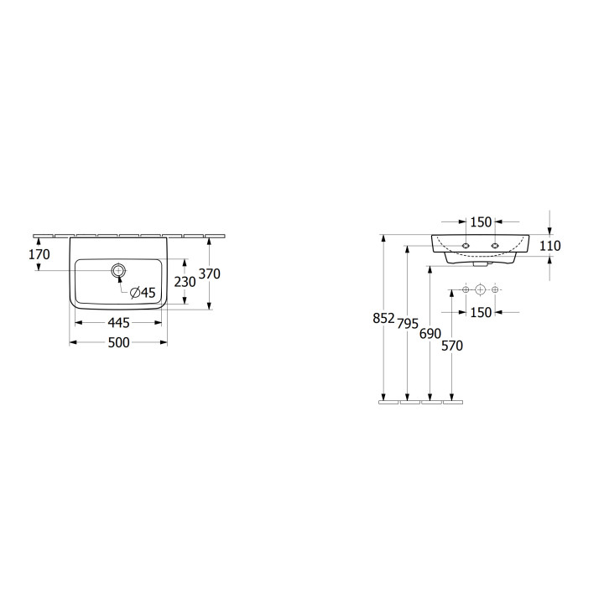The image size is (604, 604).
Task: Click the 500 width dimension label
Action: [x=118, y=342]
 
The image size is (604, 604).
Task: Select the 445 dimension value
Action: [x=118, y=323]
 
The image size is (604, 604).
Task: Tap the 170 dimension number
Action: [x=39, y=254]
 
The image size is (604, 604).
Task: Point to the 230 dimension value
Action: [x=185, y=282]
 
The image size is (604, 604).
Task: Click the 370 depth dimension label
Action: [x=209, y=273]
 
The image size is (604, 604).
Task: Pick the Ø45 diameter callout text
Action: [x=143, y=293]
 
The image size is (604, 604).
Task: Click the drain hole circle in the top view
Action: [x=118, y=270]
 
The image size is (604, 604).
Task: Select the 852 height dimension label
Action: [x=384, y=318]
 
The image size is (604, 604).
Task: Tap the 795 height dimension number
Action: [x=408, y=324]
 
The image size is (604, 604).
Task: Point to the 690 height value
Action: [x=430, y=334]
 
